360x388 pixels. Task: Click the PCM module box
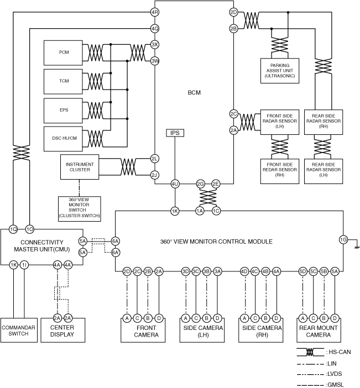click(64, 52)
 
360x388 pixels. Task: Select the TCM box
click(64, 81)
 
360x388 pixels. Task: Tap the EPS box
click(64, 109)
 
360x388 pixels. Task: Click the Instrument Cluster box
click(80, 167)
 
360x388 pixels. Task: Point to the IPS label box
click(175, 133)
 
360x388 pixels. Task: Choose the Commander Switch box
click(18, 331)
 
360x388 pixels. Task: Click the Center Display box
click(62, 331)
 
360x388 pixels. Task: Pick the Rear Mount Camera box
click(318, 331)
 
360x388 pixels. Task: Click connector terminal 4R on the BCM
click(155, 12)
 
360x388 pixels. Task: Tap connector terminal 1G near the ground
click(343, 239)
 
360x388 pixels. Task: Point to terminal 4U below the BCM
click(175, 183)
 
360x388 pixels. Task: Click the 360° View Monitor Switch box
click(80, 207)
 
